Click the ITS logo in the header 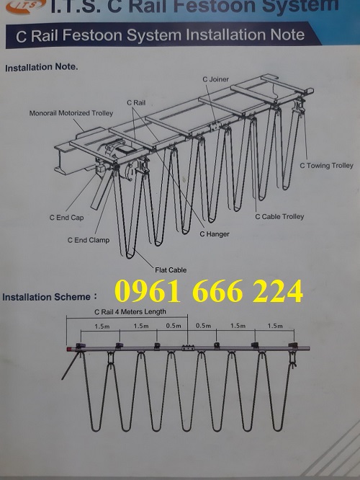pyautogui.click(x=26, y=6)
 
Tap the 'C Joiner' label pyautogui.click(x=215, y=79)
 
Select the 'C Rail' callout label pyautogui.click(x=136, y=103)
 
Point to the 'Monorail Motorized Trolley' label pyautogui.click(x=71, y=113)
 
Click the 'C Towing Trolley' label pyautogui.click(x=326, y=166)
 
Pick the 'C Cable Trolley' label pyautogui.click(x=279, y=217)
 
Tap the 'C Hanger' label pyautogui.click(x=215, y=234)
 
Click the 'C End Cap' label pyautogui.click(x=67, y=218)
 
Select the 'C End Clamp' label pyautogui.click(x=89, y=240)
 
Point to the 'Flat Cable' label pyautogui.click(x=171, y=270)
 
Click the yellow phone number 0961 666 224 pyautogui.click(x=209, y=291)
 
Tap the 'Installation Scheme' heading pyautogui.click(x=47, y=297)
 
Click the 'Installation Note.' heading pyautogui.click(x=42, y=67)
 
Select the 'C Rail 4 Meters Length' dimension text pyautogui.click(x=130, y=312)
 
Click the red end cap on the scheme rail pyautogui.click(x=69, y=349)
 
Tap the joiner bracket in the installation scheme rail pyautogui.click(x=188, y=348)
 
